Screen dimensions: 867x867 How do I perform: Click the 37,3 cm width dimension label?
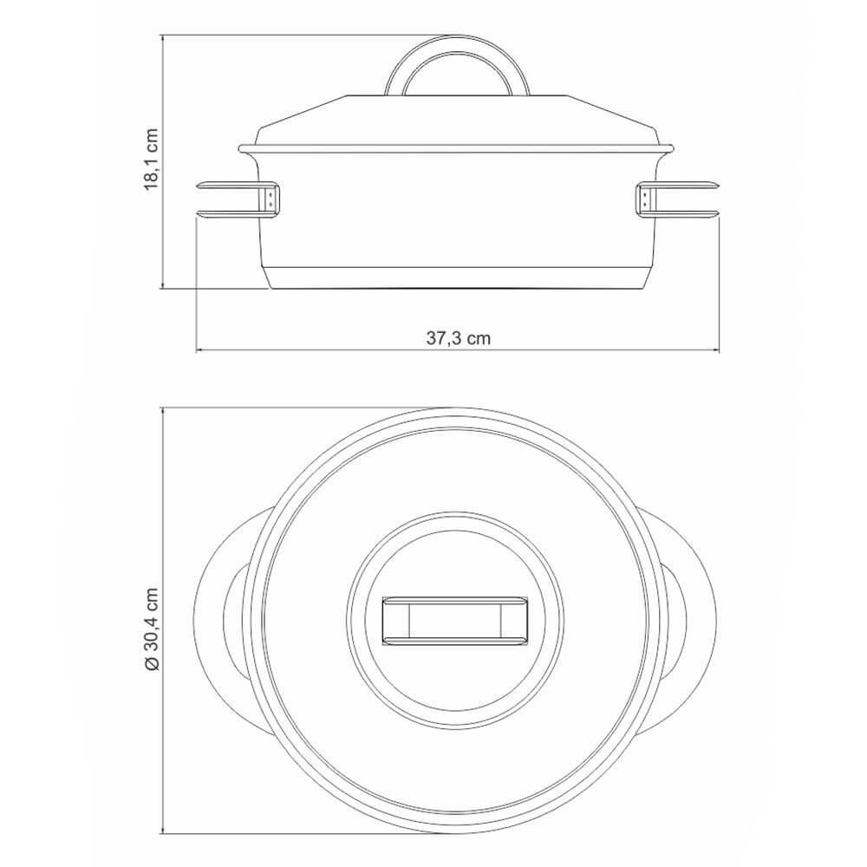(x=459, y=338)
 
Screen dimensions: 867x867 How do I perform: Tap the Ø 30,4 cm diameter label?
(x=152, y=629)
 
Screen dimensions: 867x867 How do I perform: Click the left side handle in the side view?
(x=238, y=199)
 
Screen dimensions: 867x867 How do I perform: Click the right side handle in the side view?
(x=677, y=199)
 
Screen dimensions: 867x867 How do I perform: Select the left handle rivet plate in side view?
(x=271, y=199)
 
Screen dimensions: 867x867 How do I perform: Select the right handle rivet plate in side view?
(x=645, y=199)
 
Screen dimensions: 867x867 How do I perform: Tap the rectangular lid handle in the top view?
(x=455, y=621)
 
